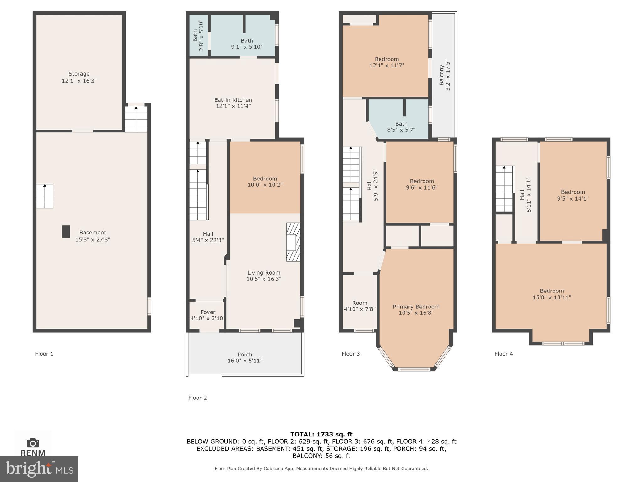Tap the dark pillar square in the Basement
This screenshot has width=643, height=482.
66,232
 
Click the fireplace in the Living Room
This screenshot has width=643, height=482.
293,242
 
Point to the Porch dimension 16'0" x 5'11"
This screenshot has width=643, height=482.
245,361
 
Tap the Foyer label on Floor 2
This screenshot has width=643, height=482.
208,312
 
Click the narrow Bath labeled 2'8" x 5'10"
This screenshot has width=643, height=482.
198,35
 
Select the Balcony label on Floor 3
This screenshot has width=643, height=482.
444,75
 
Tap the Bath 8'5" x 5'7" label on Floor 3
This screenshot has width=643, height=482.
401,127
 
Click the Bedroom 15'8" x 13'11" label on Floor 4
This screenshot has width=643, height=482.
552,294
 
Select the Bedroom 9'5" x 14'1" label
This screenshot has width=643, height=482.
573,195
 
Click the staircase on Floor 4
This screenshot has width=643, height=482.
504,189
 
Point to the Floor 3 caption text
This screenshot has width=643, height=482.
351,354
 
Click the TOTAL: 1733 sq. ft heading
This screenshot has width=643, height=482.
321,435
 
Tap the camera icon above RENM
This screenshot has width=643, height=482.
33,443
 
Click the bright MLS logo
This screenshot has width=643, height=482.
39,469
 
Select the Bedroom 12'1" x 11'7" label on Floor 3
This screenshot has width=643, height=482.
386,62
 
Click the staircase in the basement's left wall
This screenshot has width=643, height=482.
45,196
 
